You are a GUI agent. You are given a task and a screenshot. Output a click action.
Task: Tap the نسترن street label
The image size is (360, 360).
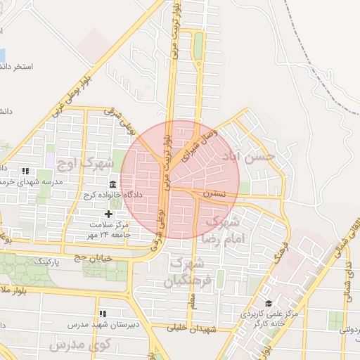point(215,192)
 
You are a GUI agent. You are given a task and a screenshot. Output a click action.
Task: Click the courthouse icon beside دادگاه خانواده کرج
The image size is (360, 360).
point(112,184)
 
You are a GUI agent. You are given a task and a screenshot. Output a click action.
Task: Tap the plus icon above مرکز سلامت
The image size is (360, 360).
point(108,214)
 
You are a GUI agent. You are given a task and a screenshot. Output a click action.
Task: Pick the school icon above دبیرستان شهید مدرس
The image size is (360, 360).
point(103,314)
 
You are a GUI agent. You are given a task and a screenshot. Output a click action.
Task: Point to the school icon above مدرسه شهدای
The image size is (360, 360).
point(25,170)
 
